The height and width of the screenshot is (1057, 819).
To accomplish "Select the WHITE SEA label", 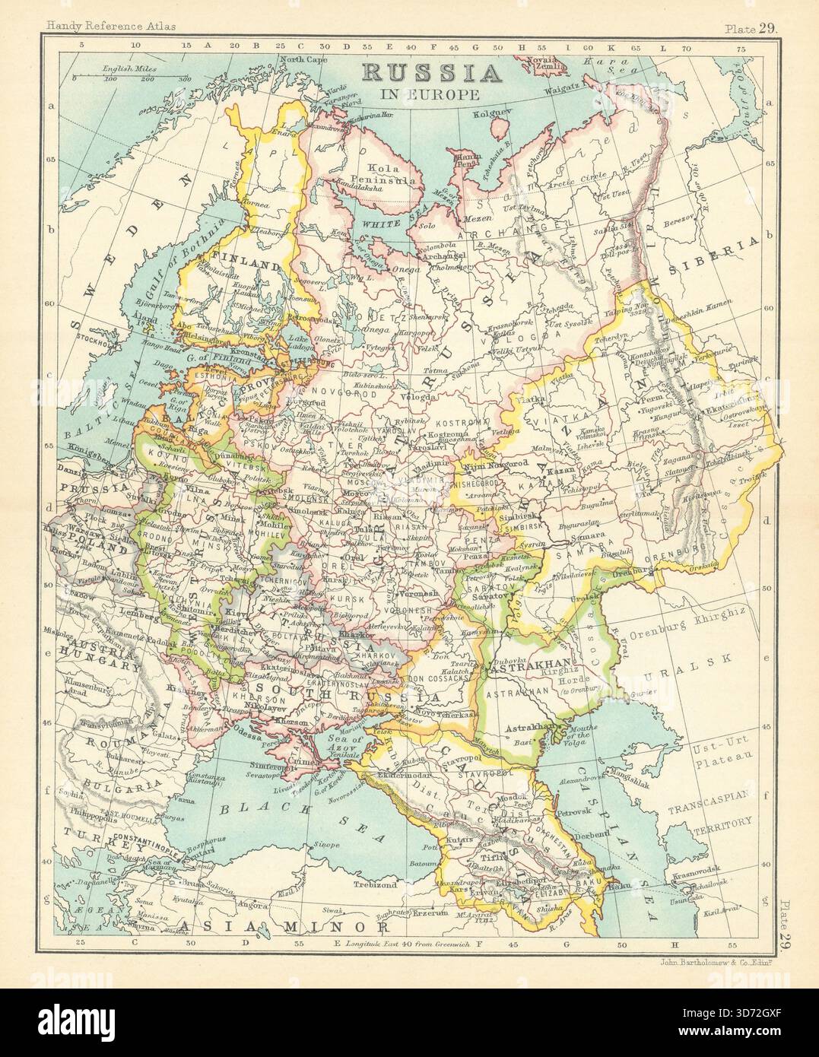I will pos(386,225).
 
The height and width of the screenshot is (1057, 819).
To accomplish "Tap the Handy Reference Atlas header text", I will pos(110,27).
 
